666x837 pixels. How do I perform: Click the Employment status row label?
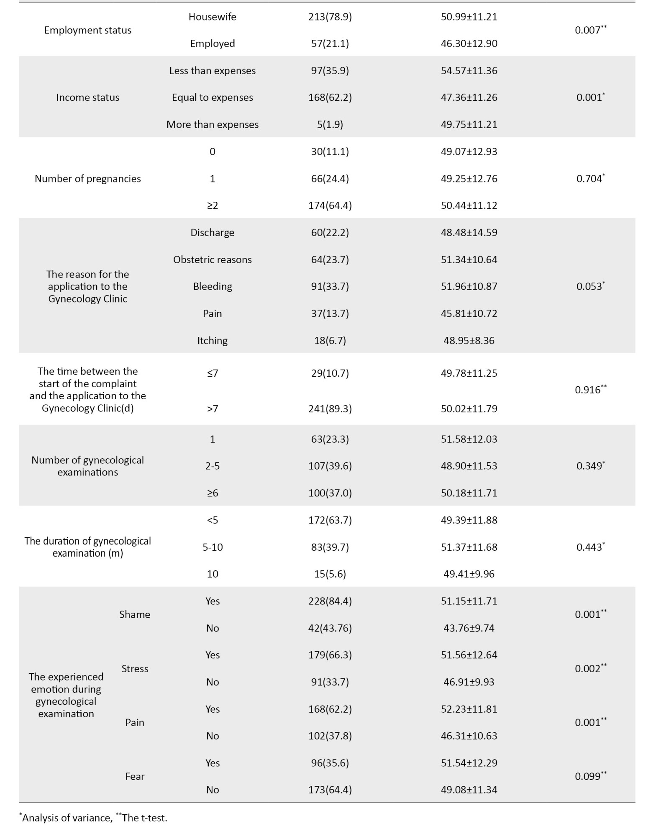click(x=87, y=30)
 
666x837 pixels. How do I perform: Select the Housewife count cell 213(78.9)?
click(x=330, y=17)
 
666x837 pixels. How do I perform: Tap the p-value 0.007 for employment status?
click(x=590, y=30)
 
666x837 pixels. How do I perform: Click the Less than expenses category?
click(x=212, y=71)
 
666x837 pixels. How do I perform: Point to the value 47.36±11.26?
click(x=469, y=98)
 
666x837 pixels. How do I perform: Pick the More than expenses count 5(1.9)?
click(x=330, y=125)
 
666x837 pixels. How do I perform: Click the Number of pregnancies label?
click(x=87, y=179)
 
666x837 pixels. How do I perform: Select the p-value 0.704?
click(x=590, y=179)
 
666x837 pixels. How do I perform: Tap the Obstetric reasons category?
click(x=212, y=259)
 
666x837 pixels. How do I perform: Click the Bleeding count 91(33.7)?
click(x=330, y=287)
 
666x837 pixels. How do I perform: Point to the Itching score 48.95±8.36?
click(x=469, y=341)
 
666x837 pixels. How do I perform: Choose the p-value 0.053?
click(x=590, y=287)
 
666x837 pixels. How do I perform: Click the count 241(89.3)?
click(x=330, y=409)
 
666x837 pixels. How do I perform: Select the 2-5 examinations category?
click(x=212, y=466)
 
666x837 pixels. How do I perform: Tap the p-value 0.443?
click(x=590, y=547)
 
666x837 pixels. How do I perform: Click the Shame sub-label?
click(x=134, y=614)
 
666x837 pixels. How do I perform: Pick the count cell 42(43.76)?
click(x=330, y=628)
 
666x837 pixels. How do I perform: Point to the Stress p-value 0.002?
click(x=590, y=668)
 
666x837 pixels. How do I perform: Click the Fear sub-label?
click(x=134, y=776)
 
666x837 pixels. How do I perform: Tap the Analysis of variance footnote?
click(x=67, y=818)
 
